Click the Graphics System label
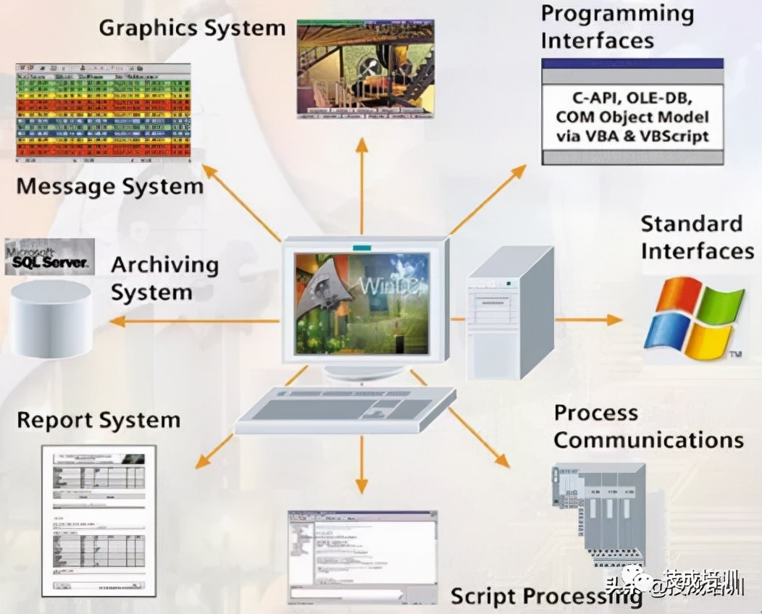point(192,28)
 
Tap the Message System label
point(109,187)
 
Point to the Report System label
point(98,421)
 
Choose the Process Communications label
point(648,426)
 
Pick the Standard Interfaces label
point(697,237)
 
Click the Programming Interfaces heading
point(617,27)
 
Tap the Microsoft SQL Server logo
point(49,256)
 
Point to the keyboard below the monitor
point(346,409)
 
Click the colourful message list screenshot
point(103,112)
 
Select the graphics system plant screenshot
point(365,68)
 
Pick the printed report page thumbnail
point(99,520)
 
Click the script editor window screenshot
point(362,555)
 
